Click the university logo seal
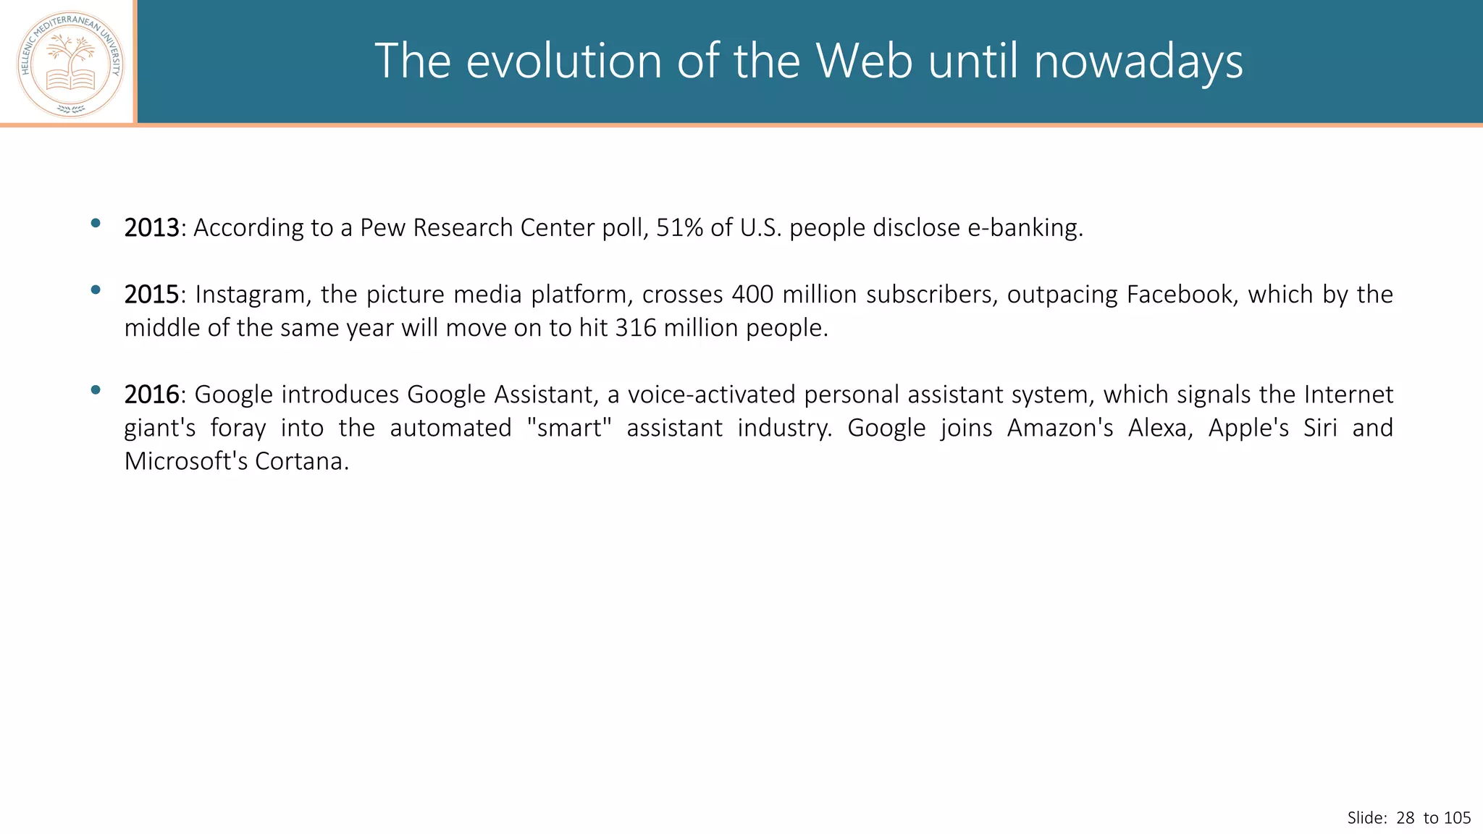point(70,64)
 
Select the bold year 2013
point(151,228)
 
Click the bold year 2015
point(151,295)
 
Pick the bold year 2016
point(151,395)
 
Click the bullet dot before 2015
point(96,290)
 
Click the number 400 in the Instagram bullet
point(752,295)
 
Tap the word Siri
point(1319,428)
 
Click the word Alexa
point(1159,428)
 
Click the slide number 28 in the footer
point(1405,818)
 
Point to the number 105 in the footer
point(1457,818)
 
